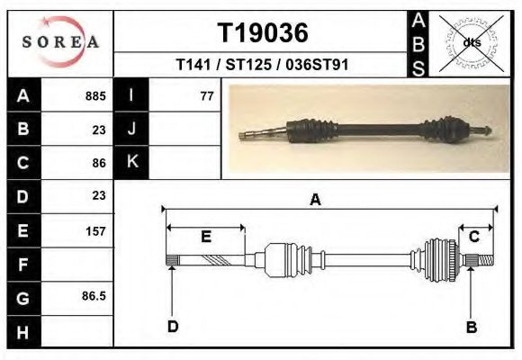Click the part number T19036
(263, 33)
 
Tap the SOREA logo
(60, 42)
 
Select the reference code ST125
(248, 64)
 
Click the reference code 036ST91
(317, 64)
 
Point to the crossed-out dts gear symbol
(472, 43)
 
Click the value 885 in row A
(95, 96)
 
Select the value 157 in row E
(95, 231)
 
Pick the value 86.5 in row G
(94, 296)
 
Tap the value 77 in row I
(207, 96)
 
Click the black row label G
(23, 299)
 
